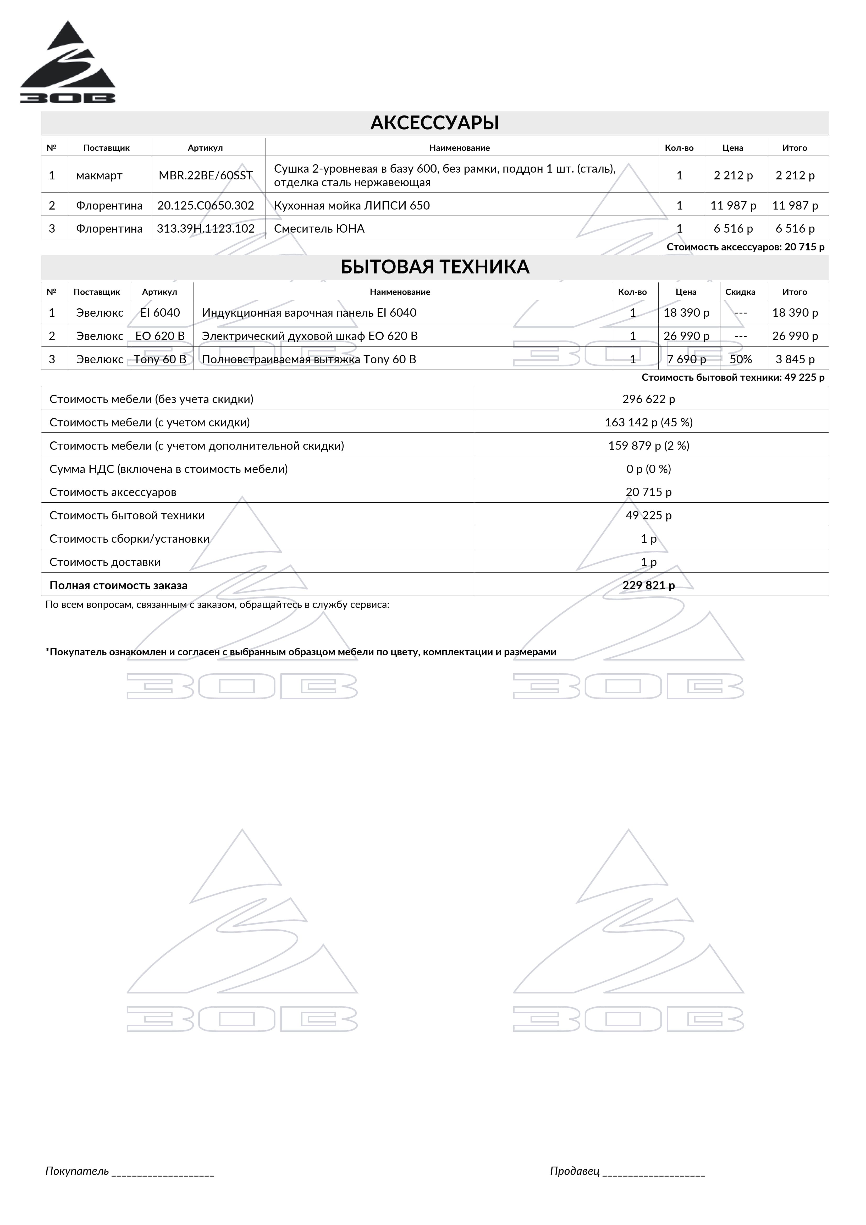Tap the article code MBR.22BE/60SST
coord(205,175)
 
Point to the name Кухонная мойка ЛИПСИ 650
coord(352,205)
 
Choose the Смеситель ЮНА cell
coord(319,229)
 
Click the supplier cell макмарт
coord(99,175)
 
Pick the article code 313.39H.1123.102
coord(205,229)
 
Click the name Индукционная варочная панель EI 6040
coord(309,313)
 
